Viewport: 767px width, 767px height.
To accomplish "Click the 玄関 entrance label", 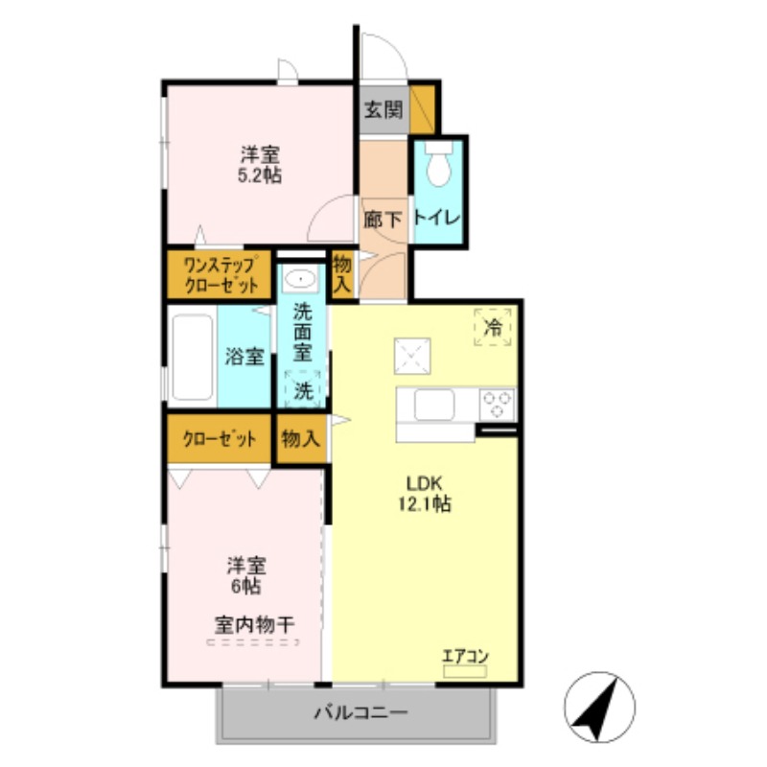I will click(383, 108).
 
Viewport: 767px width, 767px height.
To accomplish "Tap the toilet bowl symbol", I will click(439, 166).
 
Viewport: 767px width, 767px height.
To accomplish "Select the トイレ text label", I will click(437, 218).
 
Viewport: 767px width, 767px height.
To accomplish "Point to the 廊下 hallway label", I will click(383, 219).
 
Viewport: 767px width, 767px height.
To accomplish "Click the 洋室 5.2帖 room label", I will click(260, 164).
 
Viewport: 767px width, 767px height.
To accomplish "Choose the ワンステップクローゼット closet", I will click(221, 275).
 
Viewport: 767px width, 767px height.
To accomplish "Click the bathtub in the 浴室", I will click(192, 357).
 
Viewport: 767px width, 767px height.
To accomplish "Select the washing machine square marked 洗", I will click(303, 388).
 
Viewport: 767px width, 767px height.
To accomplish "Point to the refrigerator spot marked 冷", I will click(493, 327).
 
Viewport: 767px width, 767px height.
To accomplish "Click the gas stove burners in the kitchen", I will click(497, 403).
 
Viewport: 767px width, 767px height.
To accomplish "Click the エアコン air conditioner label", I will click(465, 657).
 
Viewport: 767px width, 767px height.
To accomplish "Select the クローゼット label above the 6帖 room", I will click(220, 440).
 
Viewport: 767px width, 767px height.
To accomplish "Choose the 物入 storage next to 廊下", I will click(340, 274).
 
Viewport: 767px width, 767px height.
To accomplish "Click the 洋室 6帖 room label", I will click(246, 574).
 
